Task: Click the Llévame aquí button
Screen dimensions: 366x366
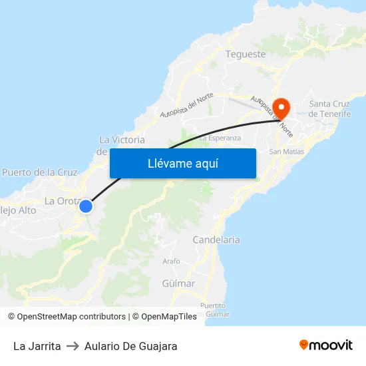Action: coord(182,163)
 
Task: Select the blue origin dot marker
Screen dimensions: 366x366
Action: coord(85,206)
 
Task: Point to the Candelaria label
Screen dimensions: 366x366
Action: coord(216,240)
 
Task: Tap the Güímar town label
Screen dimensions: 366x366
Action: coord(178,283)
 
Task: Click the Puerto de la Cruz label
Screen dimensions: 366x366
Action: coord(40,172)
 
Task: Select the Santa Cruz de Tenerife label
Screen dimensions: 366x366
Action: coord(330,108)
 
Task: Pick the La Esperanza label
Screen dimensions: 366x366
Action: coord(220,138)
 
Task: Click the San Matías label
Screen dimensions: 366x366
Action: coord(286,152)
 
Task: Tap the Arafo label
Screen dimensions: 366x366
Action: coord(171,262)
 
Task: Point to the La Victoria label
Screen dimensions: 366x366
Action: coord(122,140)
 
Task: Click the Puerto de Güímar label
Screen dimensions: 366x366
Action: coord(218,309)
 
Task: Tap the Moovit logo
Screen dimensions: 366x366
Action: coord(326,345)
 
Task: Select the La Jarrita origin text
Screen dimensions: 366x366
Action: coord(37,346)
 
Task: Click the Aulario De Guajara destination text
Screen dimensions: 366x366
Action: coord(130,346)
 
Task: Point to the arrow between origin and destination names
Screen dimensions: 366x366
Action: coord(73,346)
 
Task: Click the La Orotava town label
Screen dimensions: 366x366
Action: coord(62,201)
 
